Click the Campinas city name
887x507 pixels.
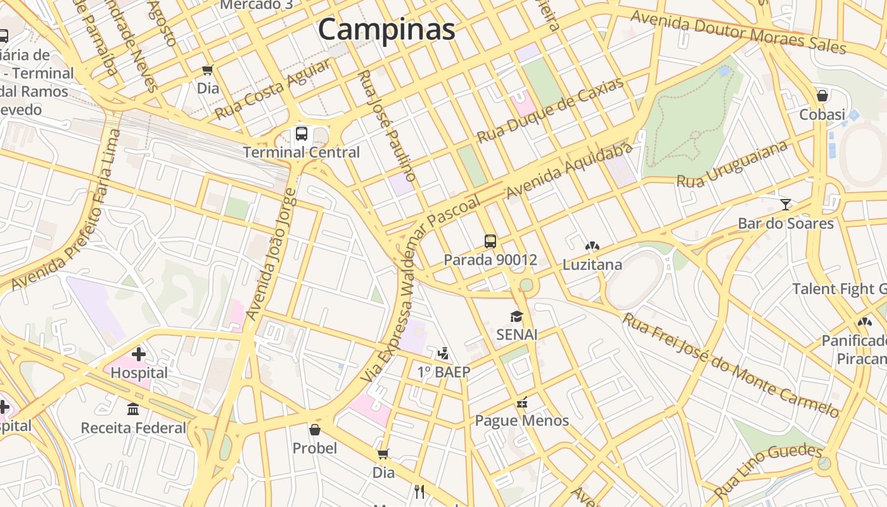pos(386,29)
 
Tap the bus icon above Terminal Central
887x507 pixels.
pos(302,134)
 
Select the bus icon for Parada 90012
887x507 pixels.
pos(490,241)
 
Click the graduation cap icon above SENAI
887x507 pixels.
pos(517,316)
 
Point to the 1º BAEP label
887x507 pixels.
pos(443,372)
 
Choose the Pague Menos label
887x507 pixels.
pos(522,421)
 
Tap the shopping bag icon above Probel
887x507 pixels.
pos(315,430)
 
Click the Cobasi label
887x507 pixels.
pos(822,115)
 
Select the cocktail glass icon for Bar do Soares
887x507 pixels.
pos(786,204)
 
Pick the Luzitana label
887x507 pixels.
pos(592,264)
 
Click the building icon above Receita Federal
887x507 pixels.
pos(133,409)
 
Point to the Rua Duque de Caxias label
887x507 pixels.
pos(551,110)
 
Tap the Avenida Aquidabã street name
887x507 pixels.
pos(570,170)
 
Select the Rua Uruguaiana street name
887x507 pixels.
pos(732,164)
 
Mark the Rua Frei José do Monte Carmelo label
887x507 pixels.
pos(732,366)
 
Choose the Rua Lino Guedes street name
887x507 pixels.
pos(768,470)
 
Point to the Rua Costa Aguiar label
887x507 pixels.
pos(273,90)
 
